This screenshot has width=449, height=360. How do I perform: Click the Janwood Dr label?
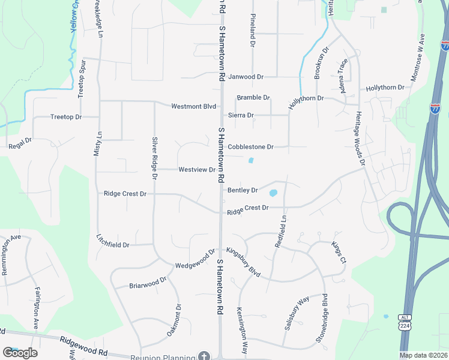pos(246,77)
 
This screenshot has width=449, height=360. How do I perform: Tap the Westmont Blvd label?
pos(193,107)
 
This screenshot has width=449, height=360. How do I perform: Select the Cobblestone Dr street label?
pos(251,146)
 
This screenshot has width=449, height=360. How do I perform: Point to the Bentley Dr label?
pos(243,190)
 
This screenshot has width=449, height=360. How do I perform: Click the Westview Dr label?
pos(197,170)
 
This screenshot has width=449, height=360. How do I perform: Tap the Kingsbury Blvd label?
pos(243,262)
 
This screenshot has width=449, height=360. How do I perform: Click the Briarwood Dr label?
pos(148,282)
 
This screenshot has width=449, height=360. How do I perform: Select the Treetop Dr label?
pos(66,116)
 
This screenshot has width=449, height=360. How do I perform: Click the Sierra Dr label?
pos(241,115)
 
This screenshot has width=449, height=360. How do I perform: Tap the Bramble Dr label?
pos(253,97)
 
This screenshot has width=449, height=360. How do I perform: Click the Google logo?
pos(20,352)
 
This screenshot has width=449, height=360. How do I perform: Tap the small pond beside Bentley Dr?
pos(274,193)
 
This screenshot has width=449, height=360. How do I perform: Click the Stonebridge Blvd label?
pos(322,319)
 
